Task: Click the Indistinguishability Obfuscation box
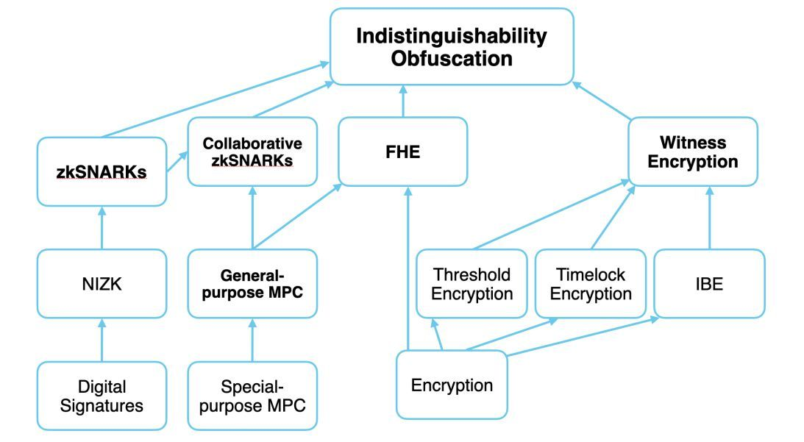click(x=452, y=46)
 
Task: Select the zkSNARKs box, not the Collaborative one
click(x=102, y=171)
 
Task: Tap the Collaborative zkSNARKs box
click(x=252, y=151)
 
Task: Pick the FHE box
click(x=402, y=151)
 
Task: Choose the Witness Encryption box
click(x=692, y=151)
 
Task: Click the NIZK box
click(x=102, y=284)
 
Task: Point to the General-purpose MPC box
click(x=252, y=284)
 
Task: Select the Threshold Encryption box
click(x=472, y=284)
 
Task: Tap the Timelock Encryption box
click(x=590, y=284)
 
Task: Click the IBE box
click(x=709, y=284)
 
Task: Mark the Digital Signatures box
click(x=102, y=396)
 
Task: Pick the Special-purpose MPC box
click(x=252, y=396)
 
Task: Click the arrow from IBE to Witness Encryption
click(x=709, y=218)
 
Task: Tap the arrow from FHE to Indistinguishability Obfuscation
click(x=402, y=101)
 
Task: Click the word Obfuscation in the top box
click(x=452, y=59)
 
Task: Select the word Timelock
click(x=590, y=274)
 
